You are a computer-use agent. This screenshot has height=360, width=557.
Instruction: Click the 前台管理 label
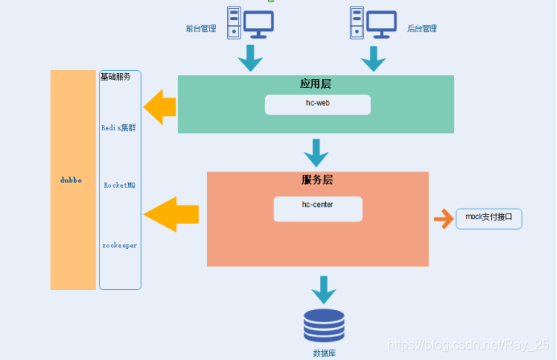(201, 28)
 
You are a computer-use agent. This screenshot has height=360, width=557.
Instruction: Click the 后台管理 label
(422, 28)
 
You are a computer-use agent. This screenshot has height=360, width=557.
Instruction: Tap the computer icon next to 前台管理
(250, 23)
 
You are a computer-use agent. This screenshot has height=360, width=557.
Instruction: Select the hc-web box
(318, 105)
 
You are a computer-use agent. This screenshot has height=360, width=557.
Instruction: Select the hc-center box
(318, 208)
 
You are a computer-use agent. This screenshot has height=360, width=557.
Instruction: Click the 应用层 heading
(316, 84)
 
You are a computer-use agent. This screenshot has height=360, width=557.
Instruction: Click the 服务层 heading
(317, 180)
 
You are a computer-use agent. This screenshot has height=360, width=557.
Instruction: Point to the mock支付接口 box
(489, 218)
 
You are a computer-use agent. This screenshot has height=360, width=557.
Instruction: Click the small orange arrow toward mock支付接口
(443, 218)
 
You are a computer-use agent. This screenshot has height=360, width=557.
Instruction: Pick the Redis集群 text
(119, 127)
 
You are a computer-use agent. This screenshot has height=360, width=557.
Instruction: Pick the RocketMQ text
(119, 185)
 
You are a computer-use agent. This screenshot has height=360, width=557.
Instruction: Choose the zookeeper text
(119, 243)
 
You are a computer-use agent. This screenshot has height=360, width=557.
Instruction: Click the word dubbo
(72, 180)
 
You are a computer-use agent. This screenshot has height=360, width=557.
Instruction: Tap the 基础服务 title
(115, 77)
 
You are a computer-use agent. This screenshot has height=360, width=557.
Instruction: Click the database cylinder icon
(324, 326)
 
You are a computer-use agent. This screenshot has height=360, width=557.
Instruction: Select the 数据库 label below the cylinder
(324, 353)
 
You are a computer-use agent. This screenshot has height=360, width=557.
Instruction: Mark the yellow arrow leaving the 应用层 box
(161, 107)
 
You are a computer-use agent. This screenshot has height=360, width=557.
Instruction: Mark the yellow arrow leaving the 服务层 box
(171, 213)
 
